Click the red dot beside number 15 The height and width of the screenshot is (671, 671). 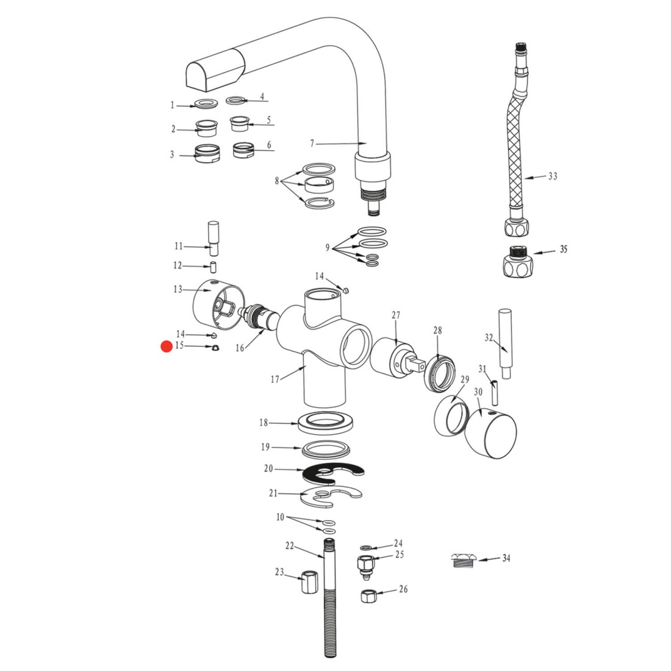coord(167,346)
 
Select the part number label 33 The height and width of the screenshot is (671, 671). coord(553,176)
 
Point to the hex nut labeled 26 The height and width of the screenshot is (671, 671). coord(368,596)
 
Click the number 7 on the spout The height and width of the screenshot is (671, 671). coord(312,143)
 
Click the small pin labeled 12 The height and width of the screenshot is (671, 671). coord(214,267)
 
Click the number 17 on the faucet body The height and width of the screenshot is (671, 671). coord(275,379)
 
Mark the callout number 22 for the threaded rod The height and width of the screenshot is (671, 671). coord(290,545)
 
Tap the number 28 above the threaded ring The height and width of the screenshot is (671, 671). coord(437,330)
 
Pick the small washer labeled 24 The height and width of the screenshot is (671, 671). coord(366,547)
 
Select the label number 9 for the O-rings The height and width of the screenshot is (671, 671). coord(328,247)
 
